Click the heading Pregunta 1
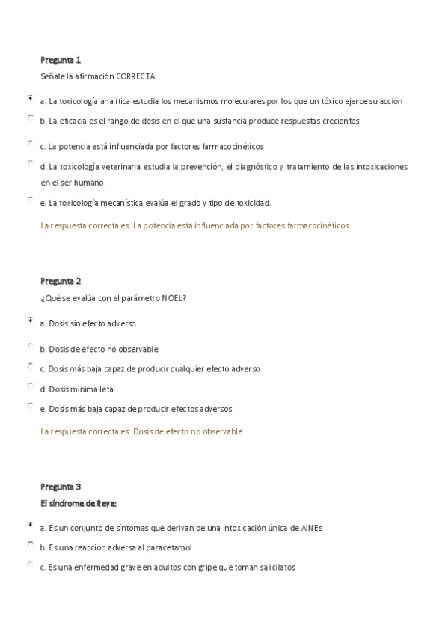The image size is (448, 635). (x=61, y=59)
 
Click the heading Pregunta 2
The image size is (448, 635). (x=61, y=281)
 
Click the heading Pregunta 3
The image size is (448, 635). (x=61, y=487)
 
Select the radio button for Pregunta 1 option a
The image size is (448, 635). (x=30, y=97)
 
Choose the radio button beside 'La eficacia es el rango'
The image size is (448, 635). (x=30, y=118)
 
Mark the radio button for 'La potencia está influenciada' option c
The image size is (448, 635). (x=30, y=143)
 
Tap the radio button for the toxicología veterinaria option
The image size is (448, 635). (x=30, y=162)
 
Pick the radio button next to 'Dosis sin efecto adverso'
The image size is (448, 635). (x=30, y=320)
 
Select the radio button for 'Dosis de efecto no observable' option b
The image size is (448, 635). (x=30, y=347)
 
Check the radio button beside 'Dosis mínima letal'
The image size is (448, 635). (x=30, y=386)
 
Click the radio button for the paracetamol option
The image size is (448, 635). (x=30, y=545)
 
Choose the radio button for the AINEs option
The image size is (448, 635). (x=30, y=525)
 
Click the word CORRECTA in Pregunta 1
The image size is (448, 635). (x=135, y=76)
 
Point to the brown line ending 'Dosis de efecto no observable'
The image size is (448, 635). (x=141, y=431)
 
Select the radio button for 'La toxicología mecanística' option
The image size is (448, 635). (x=30, y=199)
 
